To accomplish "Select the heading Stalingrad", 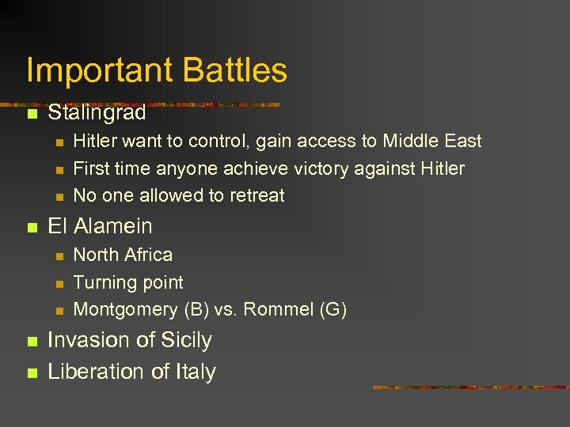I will [97, 113].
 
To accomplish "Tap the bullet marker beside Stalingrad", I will [32, 114].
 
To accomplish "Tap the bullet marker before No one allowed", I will [59, 196].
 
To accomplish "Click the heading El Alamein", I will [100, 226].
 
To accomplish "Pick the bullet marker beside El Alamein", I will [32, 227].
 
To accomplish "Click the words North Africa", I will [123, 255].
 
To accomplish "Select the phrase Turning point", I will [128, 282].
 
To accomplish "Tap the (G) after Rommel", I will [332, 309].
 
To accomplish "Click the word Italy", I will [193, 372].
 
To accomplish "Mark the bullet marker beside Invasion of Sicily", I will [32, 342].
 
